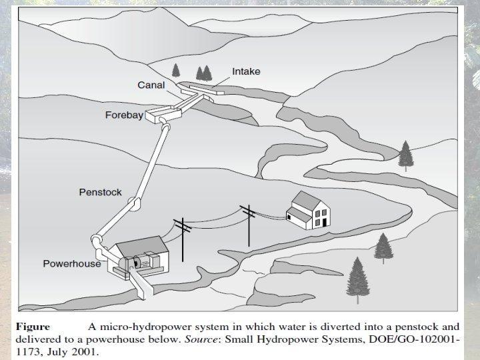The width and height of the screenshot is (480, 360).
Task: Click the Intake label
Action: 246,71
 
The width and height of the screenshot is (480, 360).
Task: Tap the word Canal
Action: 151,85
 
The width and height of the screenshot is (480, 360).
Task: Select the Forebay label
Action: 124,115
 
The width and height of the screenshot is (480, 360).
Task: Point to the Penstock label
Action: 100,192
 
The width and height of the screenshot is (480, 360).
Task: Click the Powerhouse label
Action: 71,263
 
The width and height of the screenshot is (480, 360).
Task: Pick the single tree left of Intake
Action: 176,69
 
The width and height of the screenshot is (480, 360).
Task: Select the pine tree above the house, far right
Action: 405,155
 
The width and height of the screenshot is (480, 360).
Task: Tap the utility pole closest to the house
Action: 248,223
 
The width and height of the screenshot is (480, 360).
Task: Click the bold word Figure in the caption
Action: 33,327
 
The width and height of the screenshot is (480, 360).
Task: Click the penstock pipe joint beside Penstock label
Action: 134,204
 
